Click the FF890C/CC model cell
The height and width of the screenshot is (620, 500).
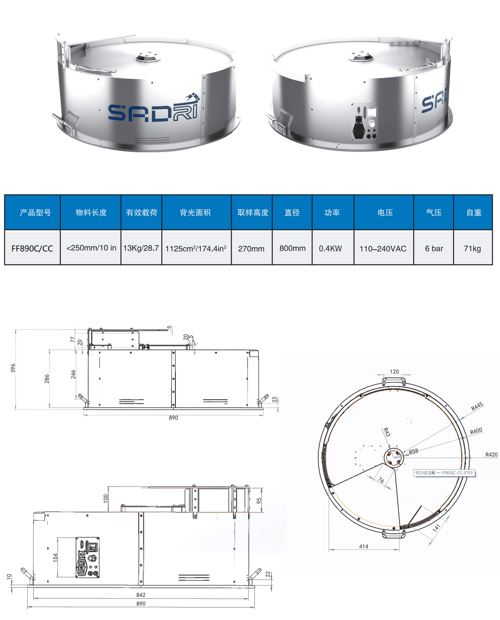tap(32, 248)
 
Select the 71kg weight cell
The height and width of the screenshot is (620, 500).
tap(472, 248)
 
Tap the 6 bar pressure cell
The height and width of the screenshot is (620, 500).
tap(433, 248)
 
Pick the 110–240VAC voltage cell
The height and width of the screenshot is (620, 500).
tap(383, 248)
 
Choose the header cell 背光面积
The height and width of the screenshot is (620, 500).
tap(195, 213)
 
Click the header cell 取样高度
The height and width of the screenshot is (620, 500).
tap(253, 213)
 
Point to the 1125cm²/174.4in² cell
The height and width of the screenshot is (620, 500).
tap(196, 248)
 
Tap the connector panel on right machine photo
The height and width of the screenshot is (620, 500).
tap(364, 121)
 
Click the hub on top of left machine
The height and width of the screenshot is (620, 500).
tap(149, 57)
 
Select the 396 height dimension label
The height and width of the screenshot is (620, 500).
tap(13, 368)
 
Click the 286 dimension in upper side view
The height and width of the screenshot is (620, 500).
tap(47, 379)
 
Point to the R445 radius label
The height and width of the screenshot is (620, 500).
tap(477, 406)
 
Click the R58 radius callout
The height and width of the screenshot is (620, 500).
tap(413, 451)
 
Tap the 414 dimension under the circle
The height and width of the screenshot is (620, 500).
tap(364, 546)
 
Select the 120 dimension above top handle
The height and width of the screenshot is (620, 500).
tap(394, 371)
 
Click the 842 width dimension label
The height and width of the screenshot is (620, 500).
tap(141, 595)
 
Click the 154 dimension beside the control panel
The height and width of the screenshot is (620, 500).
tap(55, 557)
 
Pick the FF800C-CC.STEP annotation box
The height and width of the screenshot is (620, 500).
tap(444, 473)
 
